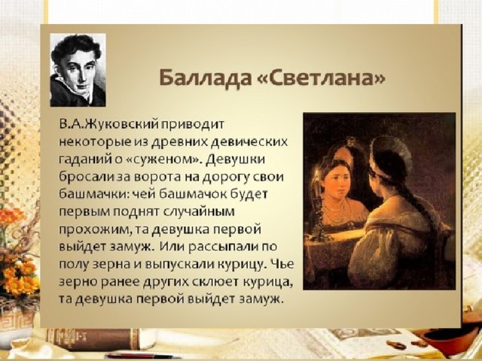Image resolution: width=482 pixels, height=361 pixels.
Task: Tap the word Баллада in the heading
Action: [x=204, y=78]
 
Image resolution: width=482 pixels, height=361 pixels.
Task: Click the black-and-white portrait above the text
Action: [x=78, y=70]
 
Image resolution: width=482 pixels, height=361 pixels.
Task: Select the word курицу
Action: [x=240, y=265]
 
